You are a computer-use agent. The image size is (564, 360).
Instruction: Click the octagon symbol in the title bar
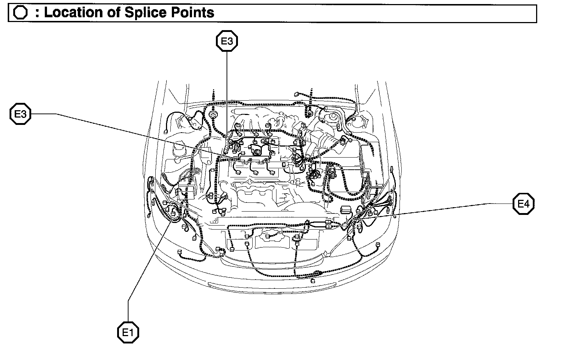pos(20,13)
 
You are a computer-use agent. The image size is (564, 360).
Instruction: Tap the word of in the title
pos(113,13)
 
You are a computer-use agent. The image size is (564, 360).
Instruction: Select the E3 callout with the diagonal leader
pos(20,114)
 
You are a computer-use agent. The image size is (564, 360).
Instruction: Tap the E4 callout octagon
pos(523,204)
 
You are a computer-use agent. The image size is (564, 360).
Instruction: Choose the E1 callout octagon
pos(128,333)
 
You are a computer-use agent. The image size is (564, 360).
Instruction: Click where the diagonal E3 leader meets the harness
pos(239,159)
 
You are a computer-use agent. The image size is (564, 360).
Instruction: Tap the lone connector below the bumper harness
pos(313,281)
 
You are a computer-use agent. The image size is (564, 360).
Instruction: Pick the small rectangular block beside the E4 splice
pos(346,210)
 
